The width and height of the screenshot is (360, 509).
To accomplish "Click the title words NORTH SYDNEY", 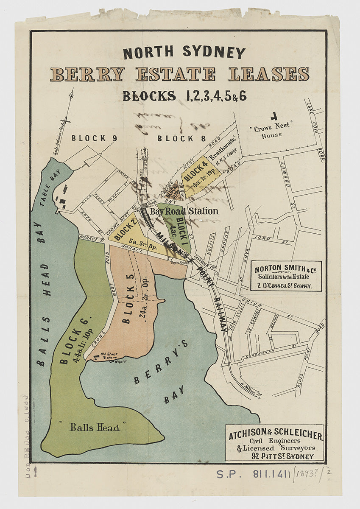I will pos(184,52).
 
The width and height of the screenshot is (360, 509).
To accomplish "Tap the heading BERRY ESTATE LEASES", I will pos(179,74).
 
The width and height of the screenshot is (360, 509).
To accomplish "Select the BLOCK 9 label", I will pos(94,138).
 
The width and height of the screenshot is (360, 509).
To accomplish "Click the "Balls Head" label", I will pos(95,428).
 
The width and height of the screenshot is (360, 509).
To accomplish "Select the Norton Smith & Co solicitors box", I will pos(286,276).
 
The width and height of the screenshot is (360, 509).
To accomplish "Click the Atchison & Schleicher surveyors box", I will pos(276,442).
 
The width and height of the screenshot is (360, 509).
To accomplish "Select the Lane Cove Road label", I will pos(315,131).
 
